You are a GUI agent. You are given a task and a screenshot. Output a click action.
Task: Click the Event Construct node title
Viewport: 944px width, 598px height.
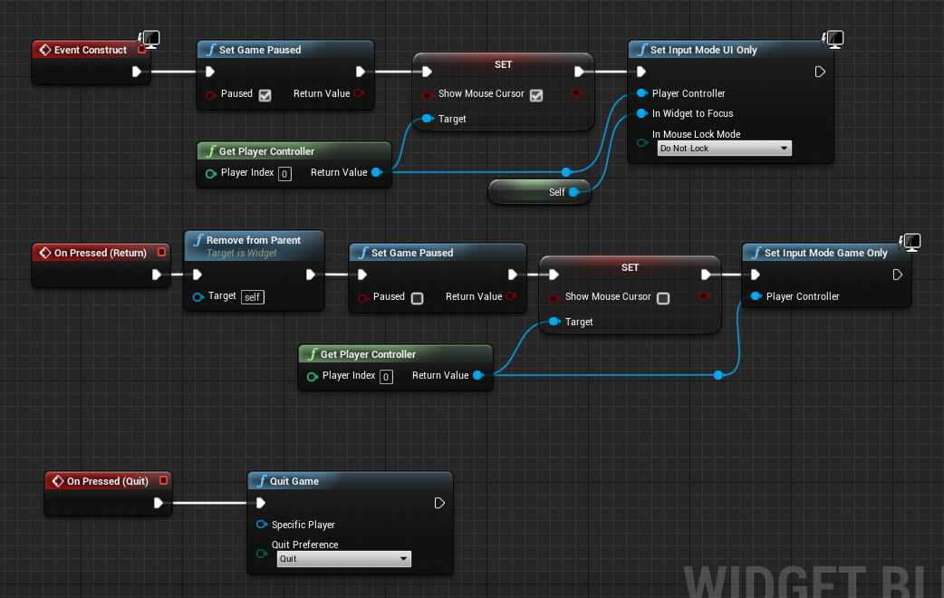coord(90,50)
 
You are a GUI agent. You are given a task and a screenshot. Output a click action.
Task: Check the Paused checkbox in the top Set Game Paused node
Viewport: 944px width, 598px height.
coord(265,94)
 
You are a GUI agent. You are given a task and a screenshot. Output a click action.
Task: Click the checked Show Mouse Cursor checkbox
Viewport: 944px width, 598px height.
coord(536,94)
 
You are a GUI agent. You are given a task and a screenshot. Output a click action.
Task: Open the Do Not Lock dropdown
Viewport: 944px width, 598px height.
coord(724,149)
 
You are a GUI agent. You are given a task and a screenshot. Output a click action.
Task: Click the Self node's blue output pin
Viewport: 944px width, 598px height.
coord(573,192)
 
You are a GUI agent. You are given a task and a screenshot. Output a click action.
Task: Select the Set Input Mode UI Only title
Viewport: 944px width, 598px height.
coord(703,50)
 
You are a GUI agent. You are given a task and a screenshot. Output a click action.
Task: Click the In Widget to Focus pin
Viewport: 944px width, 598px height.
coord(641,113)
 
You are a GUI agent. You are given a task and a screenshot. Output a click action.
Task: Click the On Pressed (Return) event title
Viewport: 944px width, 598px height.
coord(100,253)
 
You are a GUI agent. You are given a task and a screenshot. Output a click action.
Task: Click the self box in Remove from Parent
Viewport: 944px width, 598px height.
coord(253,296)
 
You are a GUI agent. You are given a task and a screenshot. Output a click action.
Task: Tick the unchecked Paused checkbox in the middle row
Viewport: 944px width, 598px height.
coord(418,297)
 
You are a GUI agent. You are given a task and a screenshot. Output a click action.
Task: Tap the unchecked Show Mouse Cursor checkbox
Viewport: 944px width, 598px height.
coord(663,297)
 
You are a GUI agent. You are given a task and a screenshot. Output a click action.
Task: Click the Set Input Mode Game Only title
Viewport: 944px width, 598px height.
coord(825,253)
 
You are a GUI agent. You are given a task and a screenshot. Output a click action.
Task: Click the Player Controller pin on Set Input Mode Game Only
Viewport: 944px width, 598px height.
coord(756,296)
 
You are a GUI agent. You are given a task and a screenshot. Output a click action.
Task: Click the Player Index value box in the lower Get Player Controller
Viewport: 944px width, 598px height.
coord(386,376)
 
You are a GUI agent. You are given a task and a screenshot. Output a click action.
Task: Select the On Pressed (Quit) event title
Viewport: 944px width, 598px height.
coord(107,481)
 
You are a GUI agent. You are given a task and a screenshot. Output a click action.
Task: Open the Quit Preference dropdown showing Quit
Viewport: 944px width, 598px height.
coord(344,559)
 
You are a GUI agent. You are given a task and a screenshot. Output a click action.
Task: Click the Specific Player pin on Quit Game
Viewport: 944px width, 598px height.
coord(262,525)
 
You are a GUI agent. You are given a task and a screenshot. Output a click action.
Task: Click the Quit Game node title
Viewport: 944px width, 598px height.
coord(294,481)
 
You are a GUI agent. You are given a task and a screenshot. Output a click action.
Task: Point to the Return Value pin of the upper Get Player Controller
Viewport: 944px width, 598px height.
coord(376,172)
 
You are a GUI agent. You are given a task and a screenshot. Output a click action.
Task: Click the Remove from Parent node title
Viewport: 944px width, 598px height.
coord(253,240)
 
